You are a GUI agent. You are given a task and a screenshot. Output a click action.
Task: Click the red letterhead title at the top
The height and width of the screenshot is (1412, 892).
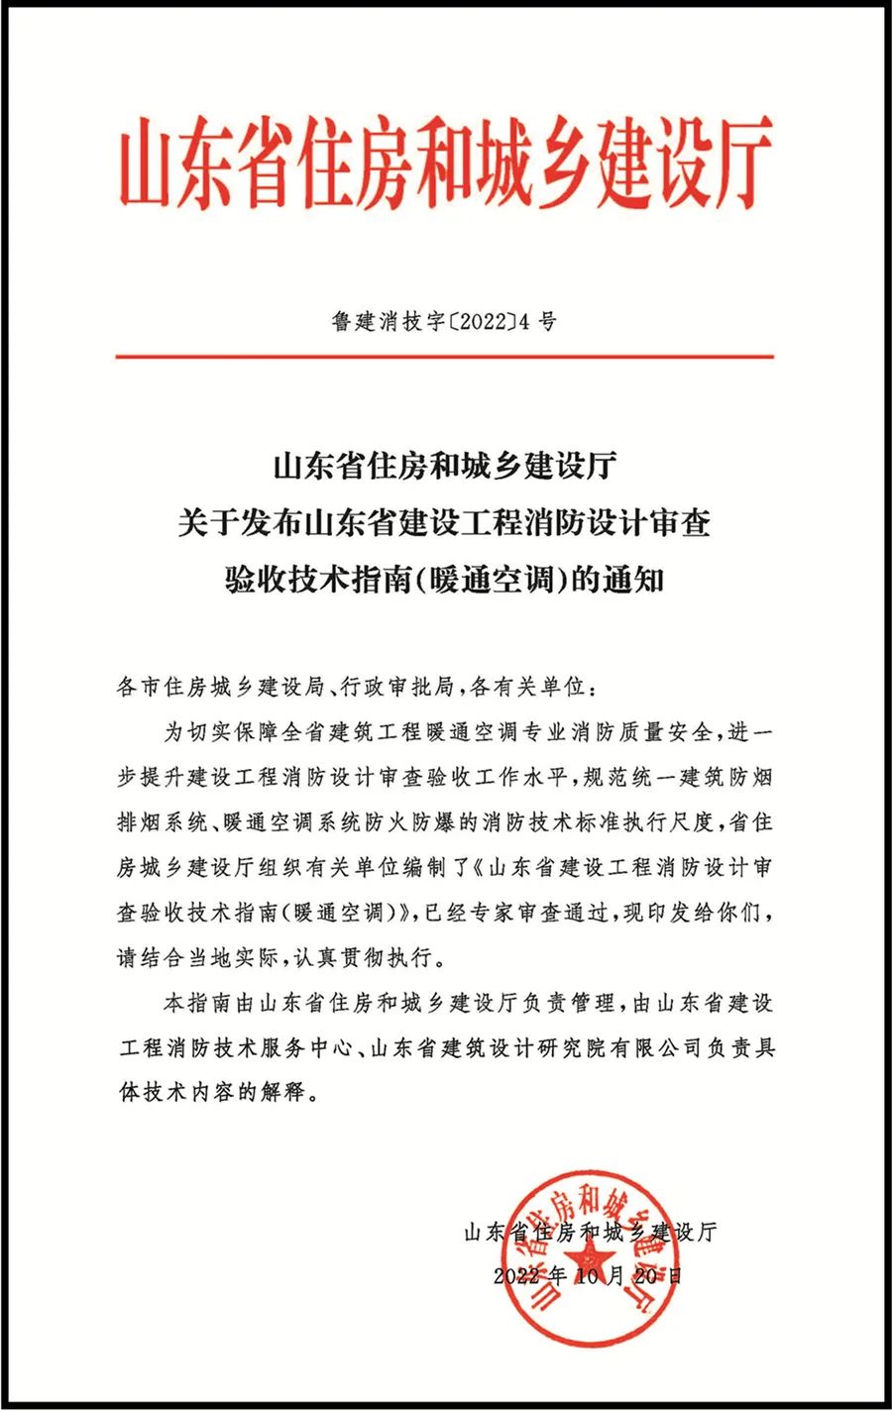tap(445, 162)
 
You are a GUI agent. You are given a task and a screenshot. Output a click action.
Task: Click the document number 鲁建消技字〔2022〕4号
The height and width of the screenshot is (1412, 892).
tap(445, 321)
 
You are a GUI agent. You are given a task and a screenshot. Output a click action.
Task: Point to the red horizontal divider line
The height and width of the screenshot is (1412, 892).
tap(445, 355)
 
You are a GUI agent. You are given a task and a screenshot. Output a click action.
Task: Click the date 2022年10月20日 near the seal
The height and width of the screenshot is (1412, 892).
tap(588, 1276)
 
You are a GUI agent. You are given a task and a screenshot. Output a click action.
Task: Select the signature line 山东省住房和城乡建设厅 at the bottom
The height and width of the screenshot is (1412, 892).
tap(589, 1233)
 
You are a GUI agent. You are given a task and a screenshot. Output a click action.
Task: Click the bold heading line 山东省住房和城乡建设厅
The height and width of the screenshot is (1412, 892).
tap(445, 466)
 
